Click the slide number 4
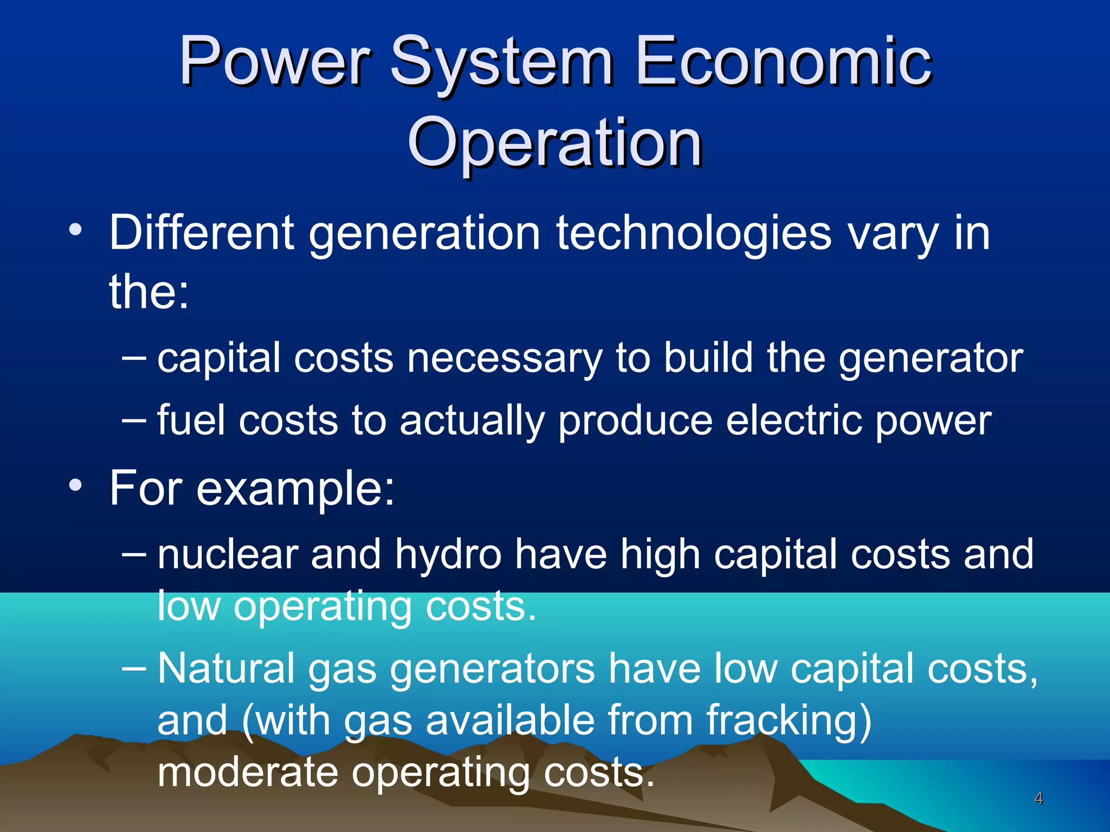tap(1038, 798)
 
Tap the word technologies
tap(693, 233)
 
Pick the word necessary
tap(505, 359)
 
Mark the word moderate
tap(248, 772)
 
